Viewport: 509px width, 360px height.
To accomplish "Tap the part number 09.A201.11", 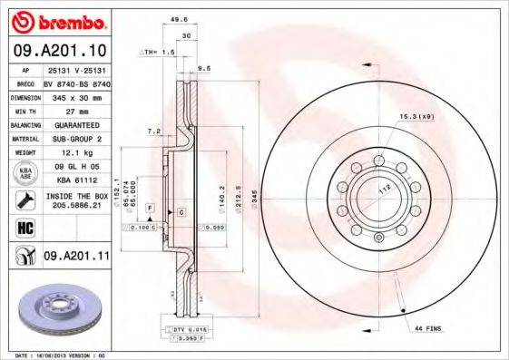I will coord(76,258).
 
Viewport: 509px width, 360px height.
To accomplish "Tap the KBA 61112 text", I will coord(75,180).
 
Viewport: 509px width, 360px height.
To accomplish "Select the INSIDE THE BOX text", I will coord(75,196).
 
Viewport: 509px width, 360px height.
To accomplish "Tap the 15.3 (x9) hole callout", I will coord(414,117).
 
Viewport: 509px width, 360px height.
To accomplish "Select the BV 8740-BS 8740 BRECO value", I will coord(75,82).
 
